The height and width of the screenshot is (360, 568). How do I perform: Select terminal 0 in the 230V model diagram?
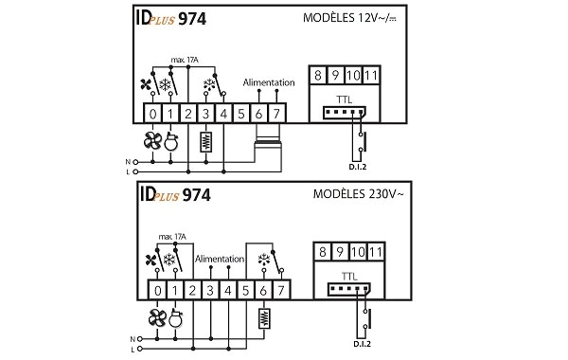click(x=157, y=289)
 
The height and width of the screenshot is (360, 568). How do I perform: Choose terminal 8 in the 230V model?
click(x=325, y=251)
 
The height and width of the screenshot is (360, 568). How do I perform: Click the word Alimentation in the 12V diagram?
click(x=268, y=83)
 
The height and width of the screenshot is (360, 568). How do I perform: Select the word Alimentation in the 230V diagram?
click(x=219, y=258)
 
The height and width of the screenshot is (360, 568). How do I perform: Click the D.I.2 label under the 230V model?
click(x=362, y=344)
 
